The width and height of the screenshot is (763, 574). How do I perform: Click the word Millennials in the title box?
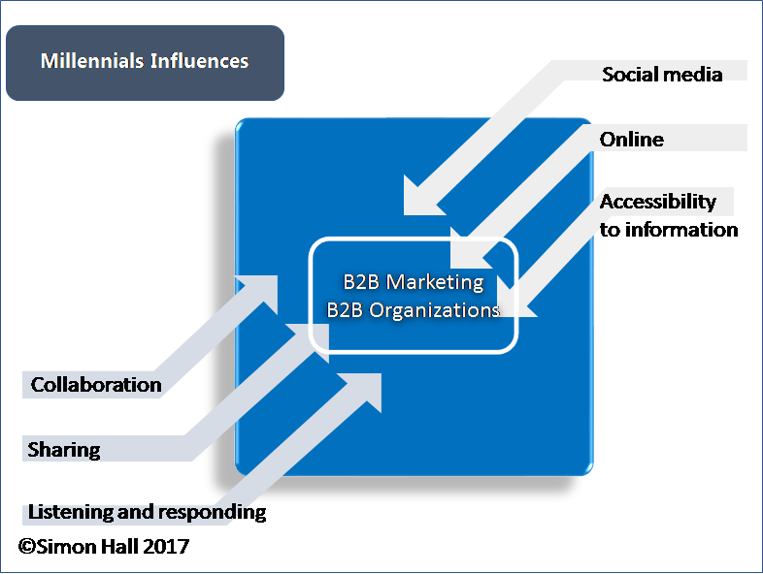[92, 61]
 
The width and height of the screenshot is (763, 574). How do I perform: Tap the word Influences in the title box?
[200, 61]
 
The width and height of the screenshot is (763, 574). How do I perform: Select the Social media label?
[662, 75]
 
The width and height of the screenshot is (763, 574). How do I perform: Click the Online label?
[632, 140]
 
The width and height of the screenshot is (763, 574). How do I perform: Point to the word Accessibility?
[658, 202]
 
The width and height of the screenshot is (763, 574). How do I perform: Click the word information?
[681, 230]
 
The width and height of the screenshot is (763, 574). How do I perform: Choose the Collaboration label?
[96, 385]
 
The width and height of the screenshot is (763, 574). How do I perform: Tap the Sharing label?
[64, 450]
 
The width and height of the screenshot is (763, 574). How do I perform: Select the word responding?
[213, 513]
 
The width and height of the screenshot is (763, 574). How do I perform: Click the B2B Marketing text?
[414, 282]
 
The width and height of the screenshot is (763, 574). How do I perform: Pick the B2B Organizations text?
[414, 310]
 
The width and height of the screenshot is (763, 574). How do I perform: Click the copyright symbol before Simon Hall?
[27, 546]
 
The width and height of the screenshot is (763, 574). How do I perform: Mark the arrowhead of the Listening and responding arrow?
[365, 389]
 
